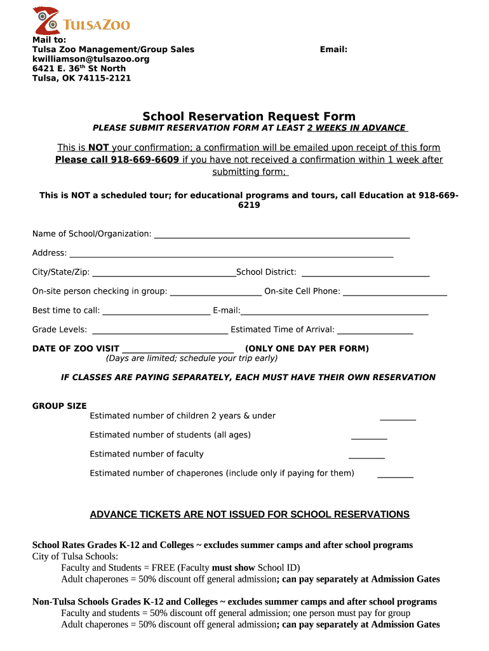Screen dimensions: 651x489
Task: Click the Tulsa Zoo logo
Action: pos(81,21)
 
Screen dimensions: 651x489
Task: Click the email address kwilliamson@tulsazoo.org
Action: pos(91,59)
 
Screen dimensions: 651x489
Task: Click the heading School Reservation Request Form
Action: pos(249,116)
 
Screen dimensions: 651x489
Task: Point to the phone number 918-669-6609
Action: pos(145,160)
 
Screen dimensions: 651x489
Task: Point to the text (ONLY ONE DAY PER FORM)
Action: pos(307,348)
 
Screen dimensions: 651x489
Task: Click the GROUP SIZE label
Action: pos(60,406)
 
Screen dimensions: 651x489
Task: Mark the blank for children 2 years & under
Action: pos(398,418)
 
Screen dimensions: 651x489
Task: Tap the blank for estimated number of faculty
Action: pos(366,456)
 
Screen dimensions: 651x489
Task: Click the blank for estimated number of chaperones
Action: pos(395,475)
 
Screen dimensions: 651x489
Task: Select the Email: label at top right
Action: pos(333,50)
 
